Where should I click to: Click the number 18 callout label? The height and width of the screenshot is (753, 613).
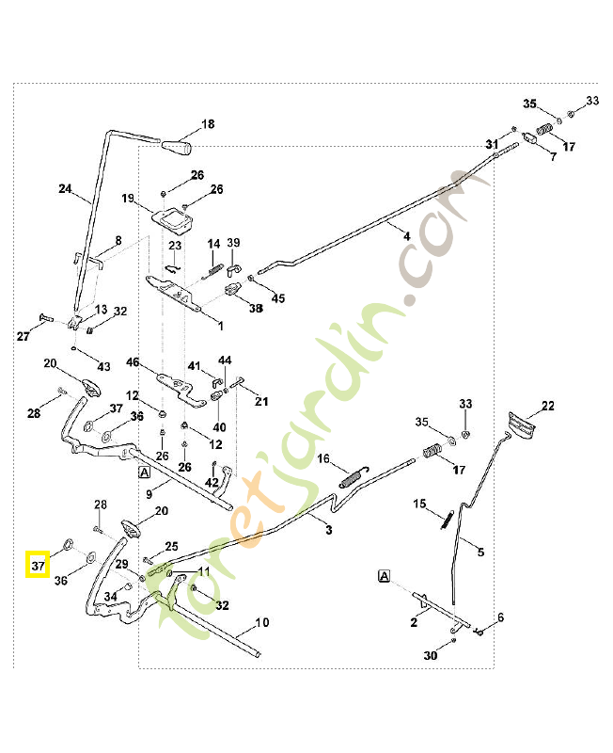tap(208, 123)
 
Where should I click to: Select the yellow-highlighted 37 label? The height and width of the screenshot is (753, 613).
tap(38, 565)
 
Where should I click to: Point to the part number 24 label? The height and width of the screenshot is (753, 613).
tap(65, 189)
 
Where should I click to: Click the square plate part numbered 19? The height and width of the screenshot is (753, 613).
tap(172, 221)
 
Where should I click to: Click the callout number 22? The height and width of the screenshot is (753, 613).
tap(547, 407)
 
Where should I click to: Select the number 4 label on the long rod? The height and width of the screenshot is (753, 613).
tap(407, 235)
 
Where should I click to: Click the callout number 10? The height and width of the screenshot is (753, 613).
tap(262, 622)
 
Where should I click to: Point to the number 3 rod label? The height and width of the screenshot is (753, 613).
tap(328, 531)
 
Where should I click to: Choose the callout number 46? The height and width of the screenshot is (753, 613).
tap(133, 362)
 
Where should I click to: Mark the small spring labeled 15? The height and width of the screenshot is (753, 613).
tap(449, 517)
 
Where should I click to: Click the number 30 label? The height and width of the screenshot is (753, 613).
tap(431, 655)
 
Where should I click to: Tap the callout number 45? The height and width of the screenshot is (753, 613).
tap(277, 298)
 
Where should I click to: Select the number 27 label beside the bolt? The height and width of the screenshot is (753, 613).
tap(24, 336)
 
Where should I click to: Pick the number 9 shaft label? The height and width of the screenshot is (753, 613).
tap(149, 493)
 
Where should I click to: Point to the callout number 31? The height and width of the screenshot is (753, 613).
tap(492, 143)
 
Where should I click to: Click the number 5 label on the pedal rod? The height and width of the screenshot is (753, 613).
tap(481, 553)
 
